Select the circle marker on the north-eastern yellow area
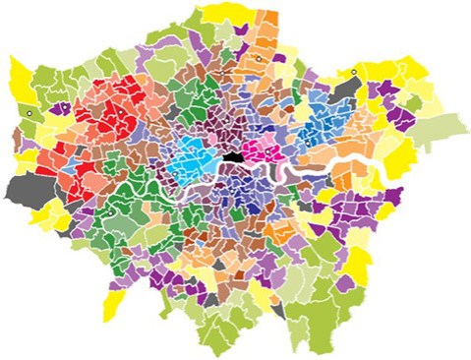(x=353, y=71)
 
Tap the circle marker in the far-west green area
(x=30, y=114)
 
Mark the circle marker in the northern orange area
(x=258, y=59)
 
